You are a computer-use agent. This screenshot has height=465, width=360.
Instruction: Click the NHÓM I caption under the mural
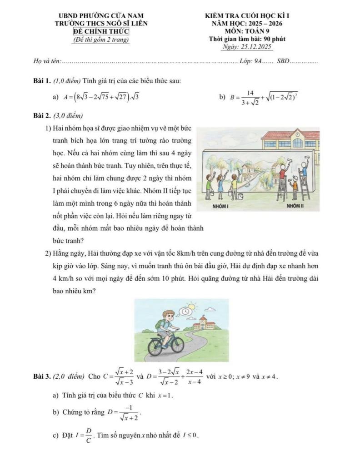pos(220,206)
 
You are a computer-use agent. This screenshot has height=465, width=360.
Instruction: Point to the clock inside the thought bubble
pos(185,312)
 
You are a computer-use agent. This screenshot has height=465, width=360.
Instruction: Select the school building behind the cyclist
pos(204,323)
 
